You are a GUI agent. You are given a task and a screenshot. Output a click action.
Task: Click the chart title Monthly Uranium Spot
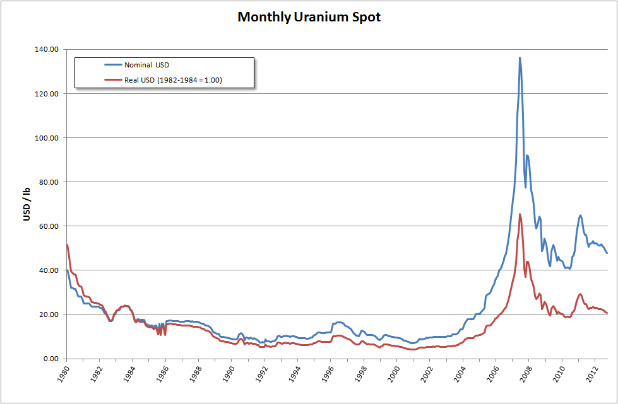click(x=309, y=17)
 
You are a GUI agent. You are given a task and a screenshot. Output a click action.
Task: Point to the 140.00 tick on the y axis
click(x=48, y=49)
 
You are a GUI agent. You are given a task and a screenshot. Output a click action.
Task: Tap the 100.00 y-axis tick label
click(x=48, y=137)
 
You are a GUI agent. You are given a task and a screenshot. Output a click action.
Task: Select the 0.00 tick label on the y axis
click(x=51, y=359)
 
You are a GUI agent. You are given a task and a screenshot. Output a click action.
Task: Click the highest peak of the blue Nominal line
click(x=520, y=58)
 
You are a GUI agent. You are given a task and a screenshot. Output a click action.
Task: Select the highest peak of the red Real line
click(x=520, y=214)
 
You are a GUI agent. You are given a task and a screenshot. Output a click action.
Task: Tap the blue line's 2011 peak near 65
click(x=580, y=216)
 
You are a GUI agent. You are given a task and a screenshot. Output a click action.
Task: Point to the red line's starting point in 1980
click(x=66, y=245)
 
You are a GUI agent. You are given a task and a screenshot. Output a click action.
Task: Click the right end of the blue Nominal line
click(x=607, y=253)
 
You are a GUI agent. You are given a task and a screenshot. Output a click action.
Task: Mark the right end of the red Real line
click(x=607, y=313)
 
